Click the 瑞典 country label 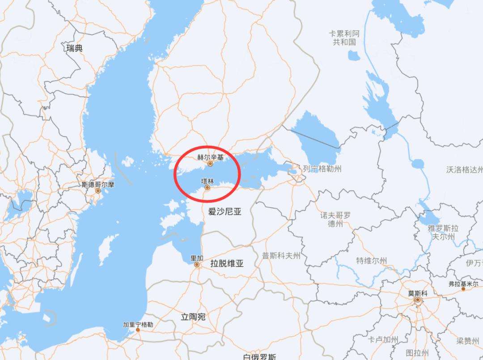[x=74, y=48]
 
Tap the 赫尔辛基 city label [x=210, y=157]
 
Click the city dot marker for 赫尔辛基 [x=210, y=164]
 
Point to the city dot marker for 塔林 [x=208, y=188]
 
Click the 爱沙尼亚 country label [x=225, y=212]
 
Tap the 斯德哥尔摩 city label [x=97, y=184]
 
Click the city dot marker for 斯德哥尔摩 [x=98, y=191]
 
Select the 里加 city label [x=197, y=258]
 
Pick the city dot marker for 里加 [x=197, y=265]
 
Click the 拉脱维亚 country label [x=227, y=264]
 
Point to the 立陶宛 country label [x=193, y=317]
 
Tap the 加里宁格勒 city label [x=138, y=324]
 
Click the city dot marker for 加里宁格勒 [x=138, y=330]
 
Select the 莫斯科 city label [x=418, y=293]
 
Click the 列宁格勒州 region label [x=322, y=169]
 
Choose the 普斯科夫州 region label [x=281, y=256]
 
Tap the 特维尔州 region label [x=372, y=260]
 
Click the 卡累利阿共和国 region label [x=344, y=38]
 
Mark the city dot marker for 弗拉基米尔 [x=463, y=289]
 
